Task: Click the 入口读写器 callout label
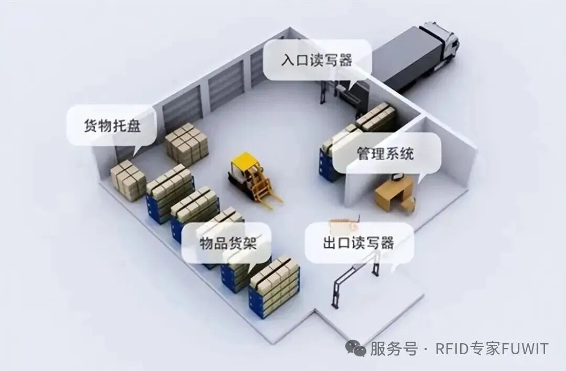coord(316,60)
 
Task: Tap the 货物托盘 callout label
coord(112,126)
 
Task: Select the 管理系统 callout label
coord(385,153)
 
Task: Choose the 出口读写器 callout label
coord(358,243)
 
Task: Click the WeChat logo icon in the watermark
coord(358,348)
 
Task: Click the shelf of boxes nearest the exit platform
coord(274,286)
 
